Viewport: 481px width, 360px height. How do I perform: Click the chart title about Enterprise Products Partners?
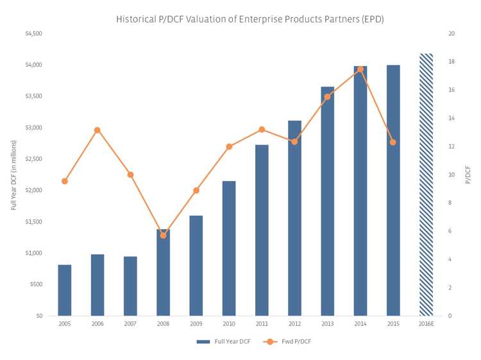click(x=249, y=19)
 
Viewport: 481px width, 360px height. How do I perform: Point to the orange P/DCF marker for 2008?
click(x=164, y=236)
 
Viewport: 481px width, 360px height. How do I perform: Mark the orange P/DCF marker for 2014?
click(x=360, y=69)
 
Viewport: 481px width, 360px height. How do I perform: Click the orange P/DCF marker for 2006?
click(x=97, y=130)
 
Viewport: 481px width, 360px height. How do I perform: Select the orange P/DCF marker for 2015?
click(x=393, y=142)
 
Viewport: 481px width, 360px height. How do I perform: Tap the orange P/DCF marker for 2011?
click(x=262, y=130)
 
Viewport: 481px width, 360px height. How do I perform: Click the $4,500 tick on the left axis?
click(x=33, y=33)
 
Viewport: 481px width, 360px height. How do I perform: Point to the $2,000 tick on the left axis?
click(x=33, y=191)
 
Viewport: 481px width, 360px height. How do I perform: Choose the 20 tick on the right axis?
click(x=452, y=33)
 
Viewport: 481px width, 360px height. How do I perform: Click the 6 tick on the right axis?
click(x=451, y=231)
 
